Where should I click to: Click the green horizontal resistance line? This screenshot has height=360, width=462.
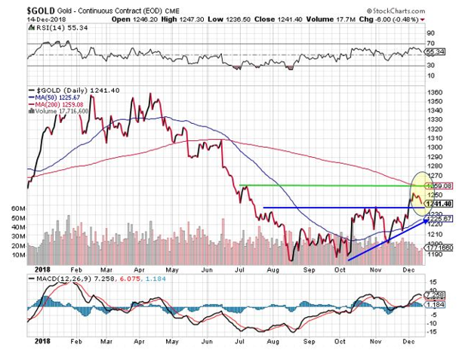(325, 185)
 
